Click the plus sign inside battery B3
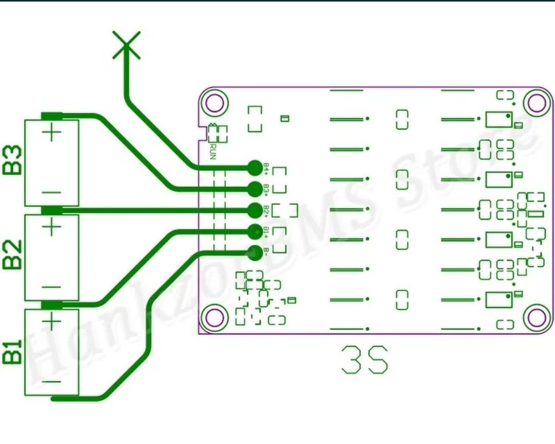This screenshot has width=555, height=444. [x=52, y=134]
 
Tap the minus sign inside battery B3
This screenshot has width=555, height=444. [x=52, y=192]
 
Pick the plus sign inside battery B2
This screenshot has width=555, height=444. [x=52, y=226]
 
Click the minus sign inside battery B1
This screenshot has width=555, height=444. [x=52, y=382]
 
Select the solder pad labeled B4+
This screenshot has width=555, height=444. [x=255, y=167]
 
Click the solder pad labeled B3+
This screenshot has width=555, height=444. [x=255, y=188]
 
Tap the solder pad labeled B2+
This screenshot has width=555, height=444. [x=255, y=209]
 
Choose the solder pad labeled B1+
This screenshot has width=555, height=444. [x=255, y=230]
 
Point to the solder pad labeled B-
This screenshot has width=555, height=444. [x=255, y=252]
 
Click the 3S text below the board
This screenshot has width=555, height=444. [x=364, y=360]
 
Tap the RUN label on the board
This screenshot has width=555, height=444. [x=213, y=152]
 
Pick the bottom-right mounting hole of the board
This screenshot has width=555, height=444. [x=537, y=315]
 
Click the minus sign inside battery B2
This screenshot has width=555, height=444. [x=52, y=287]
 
